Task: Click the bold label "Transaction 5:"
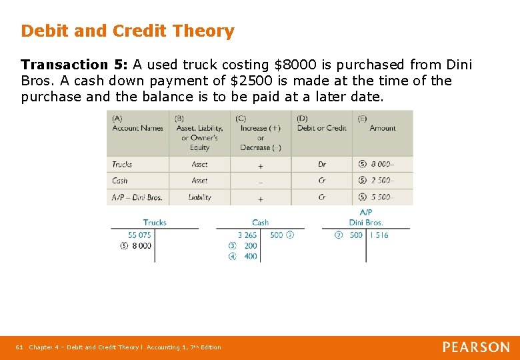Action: click(x=74, y=65)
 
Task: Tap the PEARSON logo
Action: click(x=476, y=347)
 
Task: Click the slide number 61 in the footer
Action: click(x=19, y=347)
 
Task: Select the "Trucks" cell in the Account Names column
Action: click(x=122, y=164)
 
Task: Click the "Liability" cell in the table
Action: click(x=199, y=197)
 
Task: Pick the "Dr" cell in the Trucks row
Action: click(x=322, y=164)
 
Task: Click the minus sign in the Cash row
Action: click(x=260, y=181)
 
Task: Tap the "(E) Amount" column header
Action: click(x=381, y=124)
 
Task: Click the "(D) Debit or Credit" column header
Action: click(x=321, y=124)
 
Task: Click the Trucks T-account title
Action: click(x=154, y=223)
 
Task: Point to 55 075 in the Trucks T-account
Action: click(x=139, y=235)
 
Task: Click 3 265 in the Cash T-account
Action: click(x=247, y=235)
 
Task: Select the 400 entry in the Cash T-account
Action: click(x=251, y=256)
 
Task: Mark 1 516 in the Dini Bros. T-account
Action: click(x=379, y=235)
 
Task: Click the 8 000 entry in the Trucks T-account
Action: click(x=141, y=245)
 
